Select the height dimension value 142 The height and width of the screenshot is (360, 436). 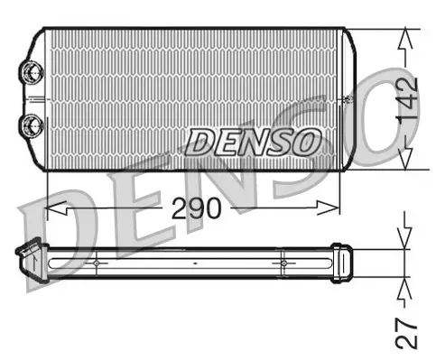[407, 99]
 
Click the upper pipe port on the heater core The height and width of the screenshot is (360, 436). [32, 70]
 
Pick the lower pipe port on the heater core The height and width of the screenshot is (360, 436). [32, 124]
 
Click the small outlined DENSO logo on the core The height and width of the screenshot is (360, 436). [254, 140]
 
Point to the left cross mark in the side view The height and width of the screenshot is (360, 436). [96, 263]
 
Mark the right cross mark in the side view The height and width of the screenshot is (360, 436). [283, 263]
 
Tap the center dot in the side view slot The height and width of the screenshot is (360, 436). [195, 263]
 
